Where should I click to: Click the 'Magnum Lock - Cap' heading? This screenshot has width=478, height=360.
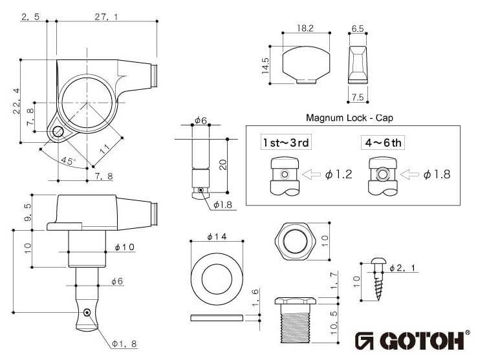[349, 118]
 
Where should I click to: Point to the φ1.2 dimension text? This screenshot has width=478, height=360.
[338, 174]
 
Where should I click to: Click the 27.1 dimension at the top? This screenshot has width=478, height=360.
[106, 17]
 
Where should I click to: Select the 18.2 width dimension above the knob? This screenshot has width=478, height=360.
[305, 28]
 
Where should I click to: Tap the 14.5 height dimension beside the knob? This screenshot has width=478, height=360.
[265, 65]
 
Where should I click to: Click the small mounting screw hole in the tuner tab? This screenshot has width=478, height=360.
[58, 132]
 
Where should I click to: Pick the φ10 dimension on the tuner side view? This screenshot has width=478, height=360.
[124, 247]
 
